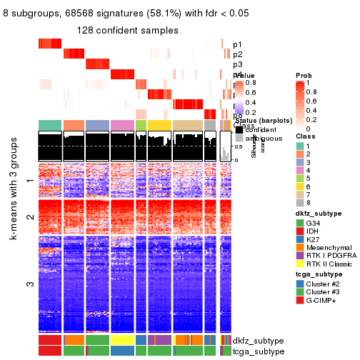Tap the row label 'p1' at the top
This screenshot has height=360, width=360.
click(x=237, y=44)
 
